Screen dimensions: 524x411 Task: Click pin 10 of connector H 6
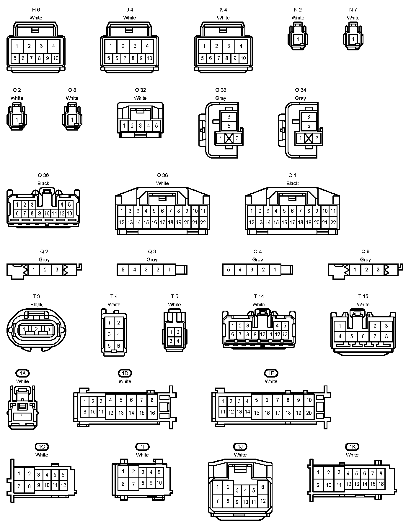pyautogui.click(x=56, y=58)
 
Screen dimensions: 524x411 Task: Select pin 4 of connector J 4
pyautogui.click(x=147, y=46)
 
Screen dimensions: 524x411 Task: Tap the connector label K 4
pyautogui.click(x=223, y=10)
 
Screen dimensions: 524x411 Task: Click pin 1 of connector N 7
pyautogui.click(x=353, y=39)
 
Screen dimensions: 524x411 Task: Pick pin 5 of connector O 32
pyautogui.click(x=156, y=126)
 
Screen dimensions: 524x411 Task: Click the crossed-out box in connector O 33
pyautogui.click(x=229, y=138)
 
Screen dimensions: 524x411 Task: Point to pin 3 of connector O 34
pyautogui.click(x=309, y=117)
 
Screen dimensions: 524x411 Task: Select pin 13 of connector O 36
pyautogui.click(x=69, y=213)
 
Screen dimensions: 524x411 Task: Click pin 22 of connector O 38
pyautogui.click(x=203, y=223)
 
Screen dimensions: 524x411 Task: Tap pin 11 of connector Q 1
pyautogui.click(x=333, y=211)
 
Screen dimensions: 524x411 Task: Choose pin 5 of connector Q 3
pyautogui.click(x=123, y=270)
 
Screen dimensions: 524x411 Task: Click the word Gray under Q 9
pyautogui.click(x=365, y=260)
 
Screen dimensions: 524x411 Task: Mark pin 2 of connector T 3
pyautogui.click(x=36, y=329)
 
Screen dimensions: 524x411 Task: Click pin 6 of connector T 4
pyautogui.click(x=118, y=346)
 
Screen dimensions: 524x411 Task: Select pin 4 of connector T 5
pyautogui.click(x=178, y=341)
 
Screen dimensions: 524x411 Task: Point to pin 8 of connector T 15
pyautogui.click(x=386, y=336)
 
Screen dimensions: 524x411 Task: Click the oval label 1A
pyautogui.click(x=22, y=373)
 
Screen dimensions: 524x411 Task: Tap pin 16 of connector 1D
pyautogui.click(x=152, y=413)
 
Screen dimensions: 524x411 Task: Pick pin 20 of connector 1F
pyautogui.click(x=309, y=413)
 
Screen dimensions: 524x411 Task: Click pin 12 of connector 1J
pyautogui.click(x=263, y=500)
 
